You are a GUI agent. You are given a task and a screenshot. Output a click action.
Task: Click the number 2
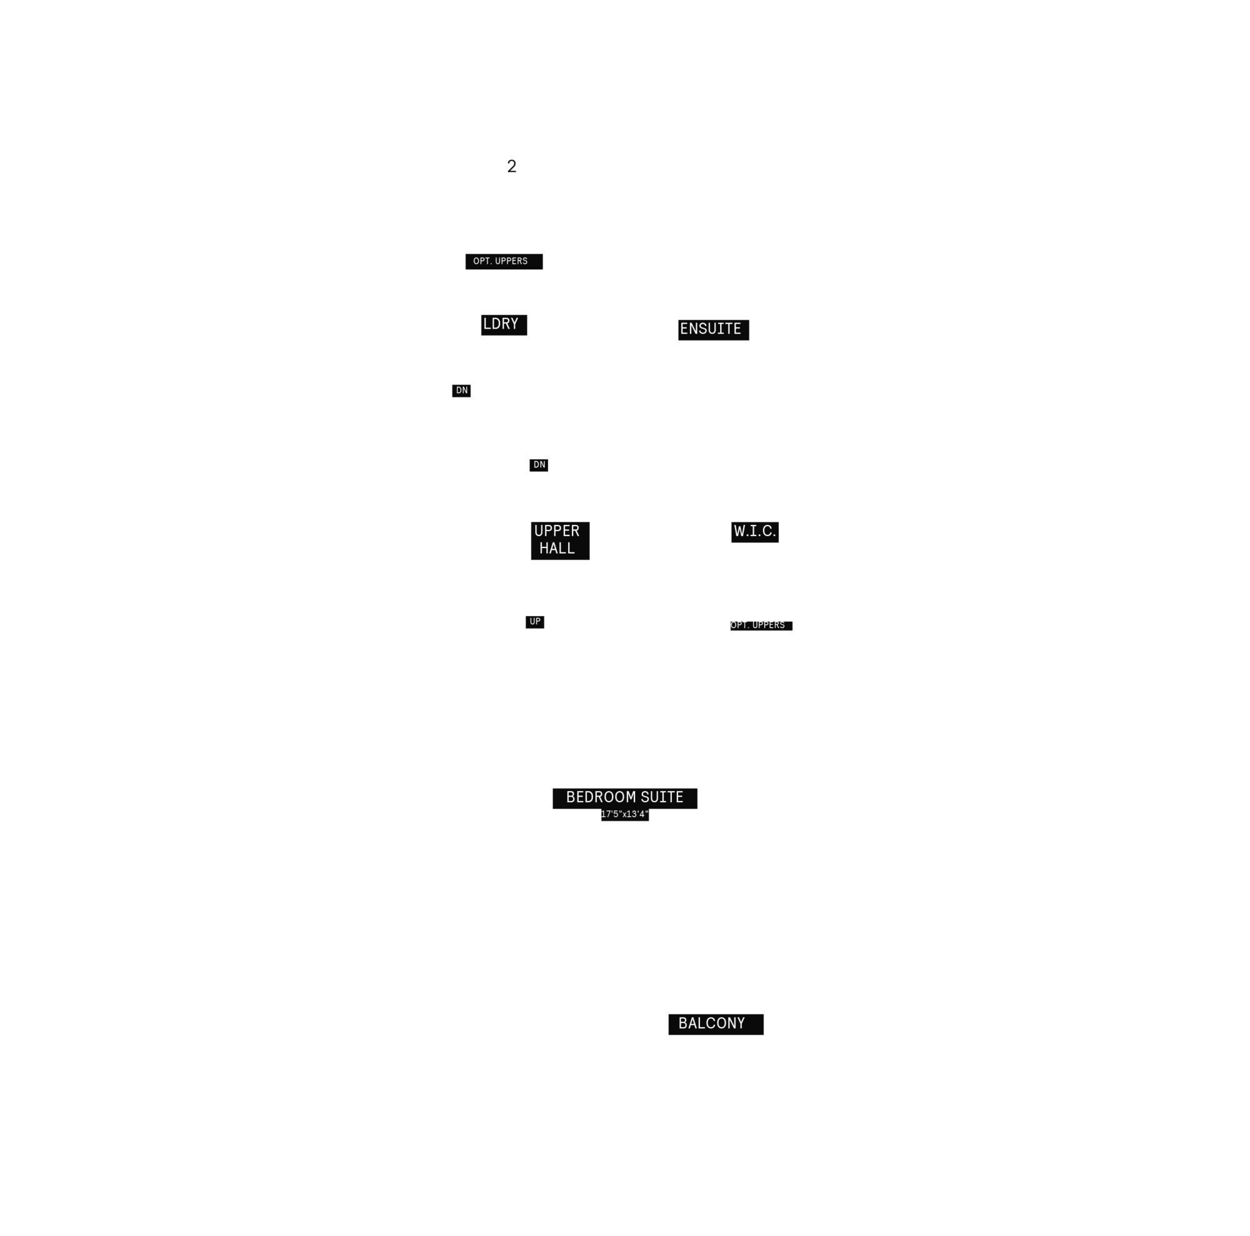click(x=511, y=166)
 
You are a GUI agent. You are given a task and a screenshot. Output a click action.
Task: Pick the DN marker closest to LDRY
click(x=461, y=391)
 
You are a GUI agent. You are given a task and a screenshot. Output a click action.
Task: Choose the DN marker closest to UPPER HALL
click(x=539, y=465)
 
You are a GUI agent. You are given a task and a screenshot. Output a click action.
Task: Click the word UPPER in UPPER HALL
click(x=556, y=531)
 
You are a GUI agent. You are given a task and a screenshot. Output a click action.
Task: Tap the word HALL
click(x=557, y=549)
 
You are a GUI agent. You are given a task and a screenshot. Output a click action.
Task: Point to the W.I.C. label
click(x=754, y=532)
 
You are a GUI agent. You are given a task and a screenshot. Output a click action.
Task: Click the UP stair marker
click(x=535, y=622)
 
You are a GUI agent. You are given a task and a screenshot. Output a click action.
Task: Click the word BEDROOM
click(x=601, y=797)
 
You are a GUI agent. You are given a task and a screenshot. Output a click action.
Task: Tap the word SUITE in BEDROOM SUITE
click(x=662, y=797)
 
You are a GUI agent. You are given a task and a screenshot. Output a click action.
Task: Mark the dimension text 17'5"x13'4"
click(x=624, y=814)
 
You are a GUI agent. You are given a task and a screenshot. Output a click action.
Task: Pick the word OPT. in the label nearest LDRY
click(x=482, y=261)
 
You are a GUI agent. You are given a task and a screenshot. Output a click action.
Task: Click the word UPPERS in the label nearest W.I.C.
click(x=769, y=625)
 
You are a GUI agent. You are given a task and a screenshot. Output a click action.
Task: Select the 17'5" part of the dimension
click(x=611, y=814)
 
